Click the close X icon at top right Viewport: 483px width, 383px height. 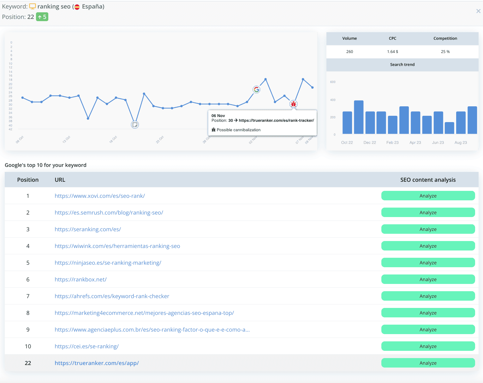click(x=478, y=11)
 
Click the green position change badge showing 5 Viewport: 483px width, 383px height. click(x=42, y=17)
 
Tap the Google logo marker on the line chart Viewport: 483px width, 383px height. click(x=256, y=90)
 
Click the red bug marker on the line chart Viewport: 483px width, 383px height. click(x=294, y=104)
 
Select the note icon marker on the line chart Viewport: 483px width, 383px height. click(x=135, y=125)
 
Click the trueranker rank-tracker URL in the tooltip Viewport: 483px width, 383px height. click(x=276, y=121)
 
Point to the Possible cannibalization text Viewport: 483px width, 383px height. click(x=238, y=130)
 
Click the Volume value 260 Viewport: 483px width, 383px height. click(x=349, y=52)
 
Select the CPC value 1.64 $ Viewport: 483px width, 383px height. click(x=392, y=52)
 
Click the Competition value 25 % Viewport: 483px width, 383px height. click(x=445, y=52)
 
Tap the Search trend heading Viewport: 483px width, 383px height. click(x=402, y=65)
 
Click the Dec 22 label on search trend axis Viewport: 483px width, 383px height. click(x=370, y=143)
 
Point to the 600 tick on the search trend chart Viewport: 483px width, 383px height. click(x=333, y=82)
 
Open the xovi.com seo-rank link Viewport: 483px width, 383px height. click(x=100, y=196)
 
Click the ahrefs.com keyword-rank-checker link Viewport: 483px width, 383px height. click(x=112, y=296)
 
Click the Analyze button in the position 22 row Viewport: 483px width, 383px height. click(x=428, y=363)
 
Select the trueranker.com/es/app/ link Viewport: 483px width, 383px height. click(x=97, y=363)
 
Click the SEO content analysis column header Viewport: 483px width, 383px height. click(x=428, y=180)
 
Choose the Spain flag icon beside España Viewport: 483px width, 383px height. click(x=77, y=7)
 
